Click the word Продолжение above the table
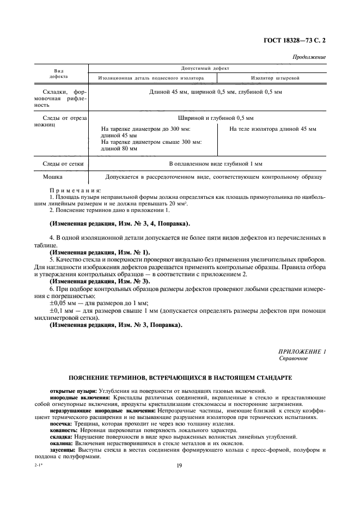tap(309, 57)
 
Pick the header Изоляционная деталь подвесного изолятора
tap(151, 78)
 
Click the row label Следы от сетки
tap(60, 163)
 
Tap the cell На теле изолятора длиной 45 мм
tap(272, 129)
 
